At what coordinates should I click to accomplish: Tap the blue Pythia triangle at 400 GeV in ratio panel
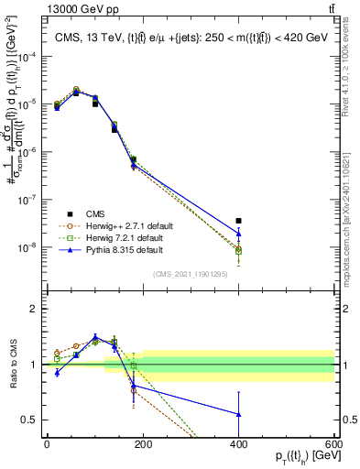click(x=238, y=414)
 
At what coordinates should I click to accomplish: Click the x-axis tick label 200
click(x=143, y=444)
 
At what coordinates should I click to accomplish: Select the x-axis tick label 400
click(x=238, y=444)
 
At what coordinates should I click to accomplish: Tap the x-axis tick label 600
click(x=333, y=444)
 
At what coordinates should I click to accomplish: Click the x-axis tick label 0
click(x=47, y=444)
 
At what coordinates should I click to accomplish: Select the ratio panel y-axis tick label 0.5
click(x=29, y=420)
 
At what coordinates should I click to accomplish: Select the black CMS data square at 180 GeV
click(x=133, y=159)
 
